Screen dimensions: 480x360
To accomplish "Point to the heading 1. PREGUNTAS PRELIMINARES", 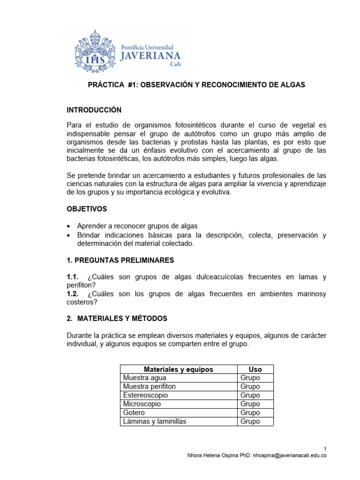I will (x=120, y=260).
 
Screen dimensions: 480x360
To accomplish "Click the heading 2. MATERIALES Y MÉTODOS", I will (x=117, y=319).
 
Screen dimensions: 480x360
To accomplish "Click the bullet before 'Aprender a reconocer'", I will (x=70, y=226).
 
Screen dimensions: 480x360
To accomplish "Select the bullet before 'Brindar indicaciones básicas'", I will (x=70, y=235).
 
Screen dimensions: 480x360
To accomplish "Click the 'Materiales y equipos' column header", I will (x=178, y=369).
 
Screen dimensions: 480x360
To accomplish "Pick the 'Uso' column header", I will (x=255, y=369).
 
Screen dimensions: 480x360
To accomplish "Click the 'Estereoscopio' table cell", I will (x=145, y=395).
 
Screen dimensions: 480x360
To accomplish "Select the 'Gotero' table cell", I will (x=134, y=412).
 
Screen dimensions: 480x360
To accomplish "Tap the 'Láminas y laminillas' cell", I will (x=155, y=421).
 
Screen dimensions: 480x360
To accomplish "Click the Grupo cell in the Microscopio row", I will (x=250, y=404).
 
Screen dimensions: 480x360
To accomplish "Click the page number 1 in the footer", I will (x=325, y=448).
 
